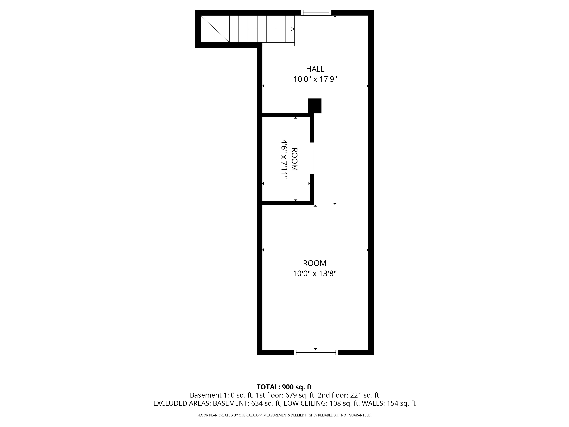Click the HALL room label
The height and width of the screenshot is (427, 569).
click(x=315, y=69)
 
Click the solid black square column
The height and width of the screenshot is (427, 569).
click(x=315, y=106)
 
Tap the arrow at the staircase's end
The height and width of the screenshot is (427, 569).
click(x=292, y=29)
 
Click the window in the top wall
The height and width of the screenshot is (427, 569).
click(x=316, y=13)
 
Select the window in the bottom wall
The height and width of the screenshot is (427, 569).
click(x=316, y=353)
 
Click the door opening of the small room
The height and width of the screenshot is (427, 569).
click(x=312, y=158)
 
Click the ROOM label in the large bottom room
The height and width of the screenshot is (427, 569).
click(x=315, y=263)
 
